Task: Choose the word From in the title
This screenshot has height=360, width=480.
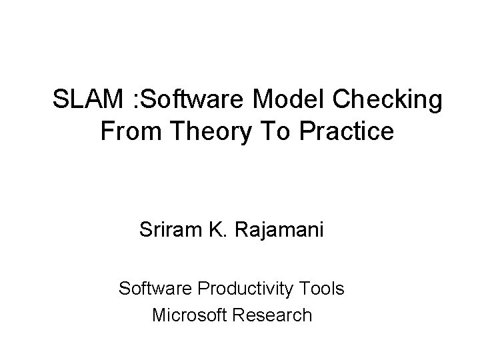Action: pos(130,131)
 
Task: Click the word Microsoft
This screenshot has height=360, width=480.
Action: pos(189,314)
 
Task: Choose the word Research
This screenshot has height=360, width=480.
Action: pos(272,314)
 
